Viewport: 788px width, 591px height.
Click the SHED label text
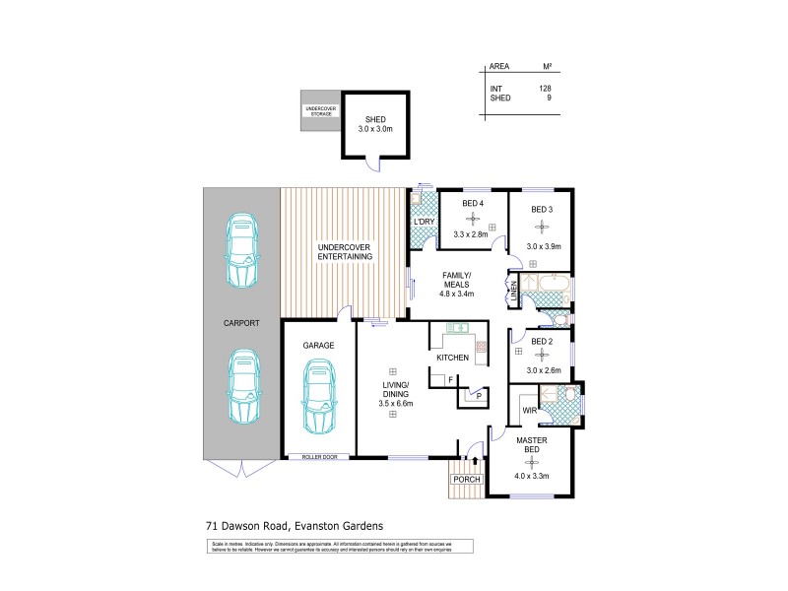point(373,119)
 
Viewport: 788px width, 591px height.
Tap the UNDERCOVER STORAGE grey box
point(320,111)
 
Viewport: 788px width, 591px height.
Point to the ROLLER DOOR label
point(319,457)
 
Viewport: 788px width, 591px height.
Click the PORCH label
point(466,479)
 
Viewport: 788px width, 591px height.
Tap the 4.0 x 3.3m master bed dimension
point(531,476)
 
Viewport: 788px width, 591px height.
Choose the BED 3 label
point(542,209)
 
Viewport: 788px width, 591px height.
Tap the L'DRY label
point(425,223)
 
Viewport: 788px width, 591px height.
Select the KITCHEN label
point(452,357)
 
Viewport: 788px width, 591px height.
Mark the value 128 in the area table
point(544,89)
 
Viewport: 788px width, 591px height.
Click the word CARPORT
point(240,323)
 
